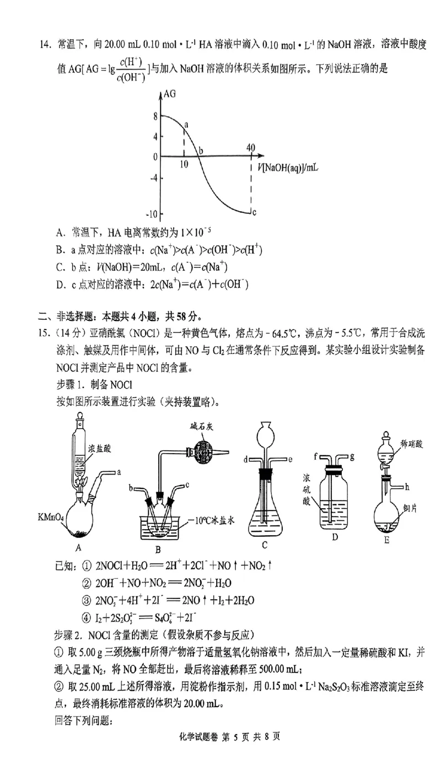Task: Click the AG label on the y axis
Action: coord(169,94)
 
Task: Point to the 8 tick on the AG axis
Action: coord(156,116)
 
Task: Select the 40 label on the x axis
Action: coord(251,147)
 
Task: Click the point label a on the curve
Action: coord(186,125)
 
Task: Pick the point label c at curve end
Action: coord(254,212)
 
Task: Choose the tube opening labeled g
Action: coord(351,456)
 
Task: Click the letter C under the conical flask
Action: coord(265,546)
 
